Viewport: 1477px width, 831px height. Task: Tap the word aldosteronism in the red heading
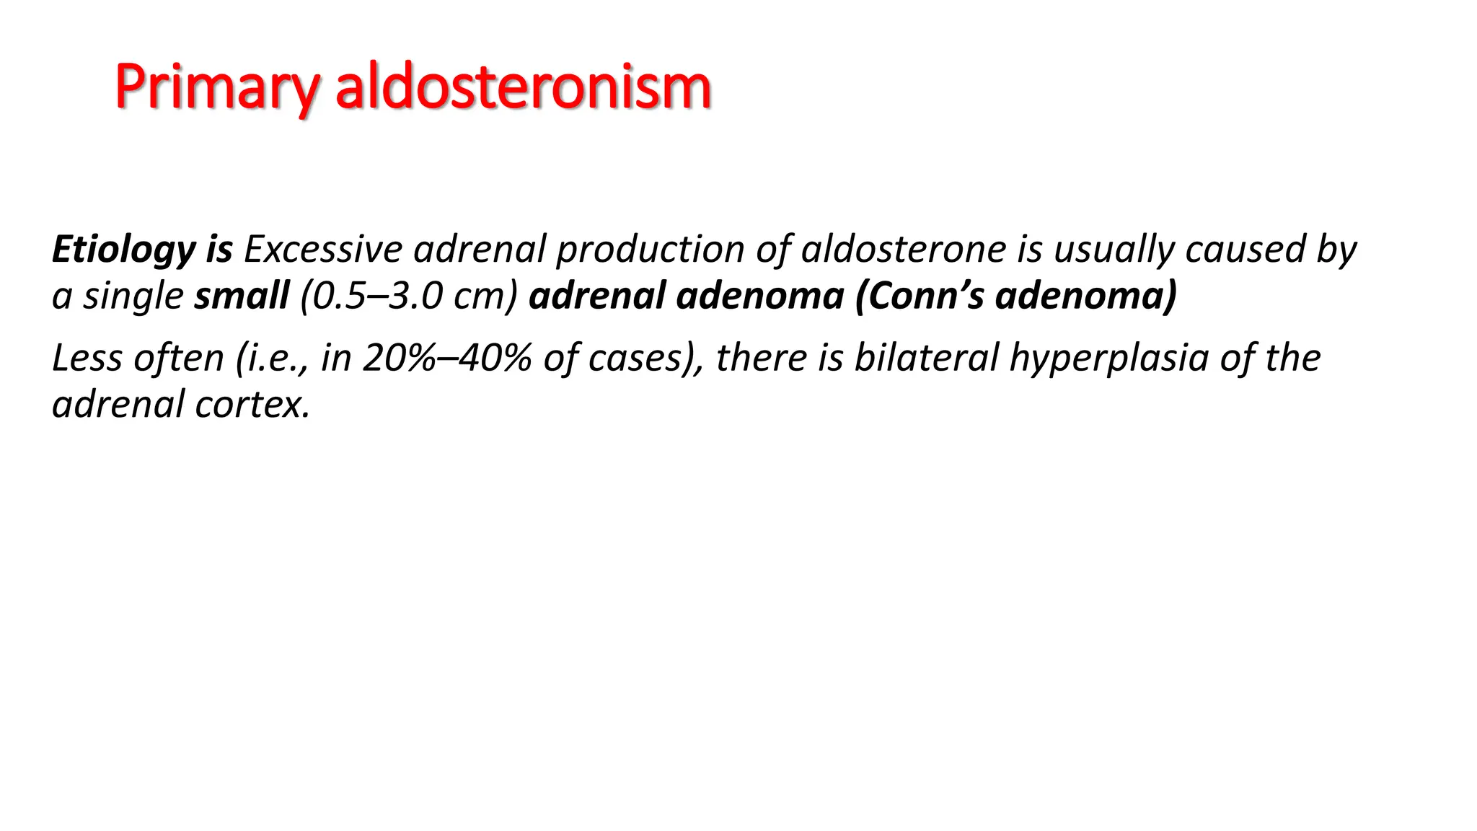pos(524,87)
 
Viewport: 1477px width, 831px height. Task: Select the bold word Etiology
pos(123,250)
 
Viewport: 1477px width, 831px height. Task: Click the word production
pos(650,250)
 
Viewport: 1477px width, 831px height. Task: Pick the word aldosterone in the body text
pos(904,250)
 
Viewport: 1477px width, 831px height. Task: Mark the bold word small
pos(242,296)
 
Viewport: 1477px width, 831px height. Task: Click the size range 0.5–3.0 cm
pos(408,296)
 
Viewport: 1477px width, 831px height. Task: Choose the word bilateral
pos(926,358)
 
